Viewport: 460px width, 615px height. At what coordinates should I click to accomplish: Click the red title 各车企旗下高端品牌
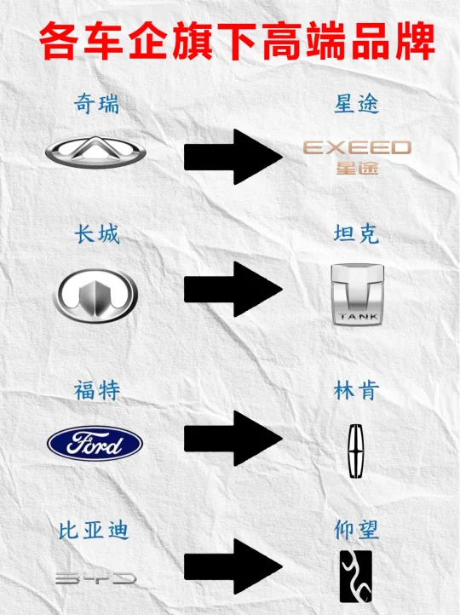coord(237,41)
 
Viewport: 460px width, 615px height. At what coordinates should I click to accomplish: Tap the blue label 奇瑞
coord(96,104)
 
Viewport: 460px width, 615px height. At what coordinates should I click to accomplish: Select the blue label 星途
coord(356,104)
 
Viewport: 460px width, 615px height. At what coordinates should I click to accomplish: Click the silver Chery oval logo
coord(95,152)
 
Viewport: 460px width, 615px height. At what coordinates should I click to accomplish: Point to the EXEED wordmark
coord(357,147)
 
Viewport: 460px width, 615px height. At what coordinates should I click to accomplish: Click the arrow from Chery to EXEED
coord(233,157)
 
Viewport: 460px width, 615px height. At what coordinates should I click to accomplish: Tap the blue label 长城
coord(96,234)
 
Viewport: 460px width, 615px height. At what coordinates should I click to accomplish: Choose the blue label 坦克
coord(356,233)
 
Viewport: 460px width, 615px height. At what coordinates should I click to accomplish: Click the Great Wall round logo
coord(95,296)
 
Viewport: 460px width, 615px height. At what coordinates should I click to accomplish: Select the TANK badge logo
coord(357,295)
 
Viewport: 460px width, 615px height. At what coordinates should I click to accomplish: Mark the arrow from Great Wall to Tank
coord(233,290)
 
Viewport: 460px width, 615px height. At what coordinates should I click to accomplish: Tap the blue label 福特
coord(96,391)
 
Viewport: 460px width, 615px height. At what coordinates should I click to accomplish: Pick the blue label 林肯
coord(356,390)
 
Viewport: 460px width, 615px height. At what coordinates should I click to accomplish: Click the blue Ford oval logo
coord(95,443)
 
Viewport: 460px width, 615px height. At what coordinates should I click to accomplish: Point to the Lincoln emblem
coord(356,451)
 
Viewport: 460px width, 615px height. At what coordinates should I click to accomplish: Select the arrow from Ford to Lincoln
coord(233,439)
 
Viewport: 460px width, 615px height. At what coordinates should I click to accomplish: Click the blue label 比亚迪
coord(94,531)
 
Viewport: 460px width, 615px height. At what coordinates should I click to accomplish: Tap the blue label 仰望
coord(356,530)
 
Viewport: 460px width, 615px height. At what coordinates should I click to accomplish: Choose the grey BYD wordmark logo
coord(95,578)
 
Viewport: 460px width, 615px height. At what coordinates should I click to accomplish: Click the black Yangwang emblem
coord(356,576)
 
